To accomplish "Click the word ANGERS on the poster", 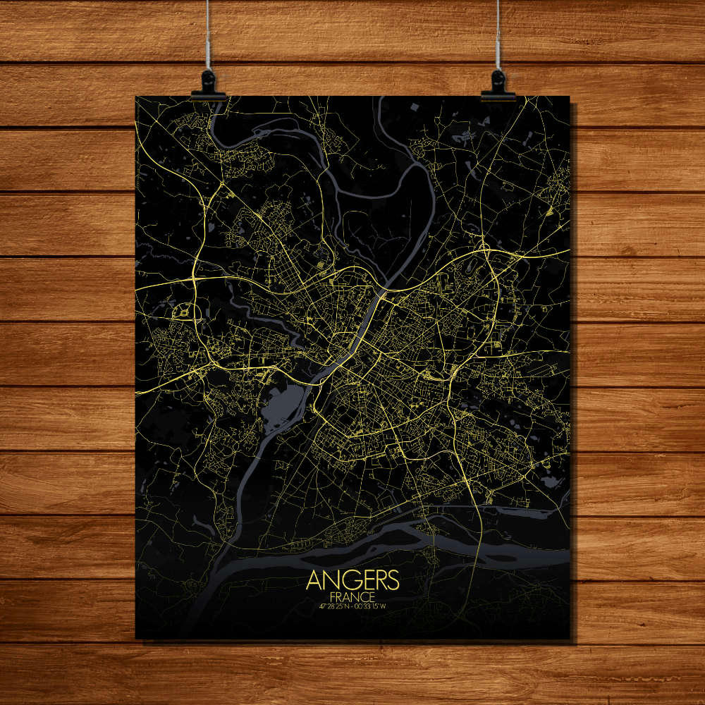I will point(353,580).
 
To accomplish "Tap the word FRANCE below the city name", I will point(352,597).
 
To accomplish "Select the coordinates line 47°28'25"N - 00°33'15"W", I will point(352,606).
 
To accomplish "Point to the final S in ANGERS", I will point(393,580).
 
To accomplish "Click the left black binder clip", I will point(208,85).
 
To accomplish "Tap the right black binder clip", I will point(498,85).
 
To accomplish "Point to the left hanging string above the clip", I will point(208,35).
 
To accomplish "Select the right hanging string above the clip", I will point(498,35).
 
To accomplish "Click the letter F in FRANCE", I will point(333,597).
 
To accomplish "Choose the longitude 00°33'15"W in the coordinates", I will point(373,606).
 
